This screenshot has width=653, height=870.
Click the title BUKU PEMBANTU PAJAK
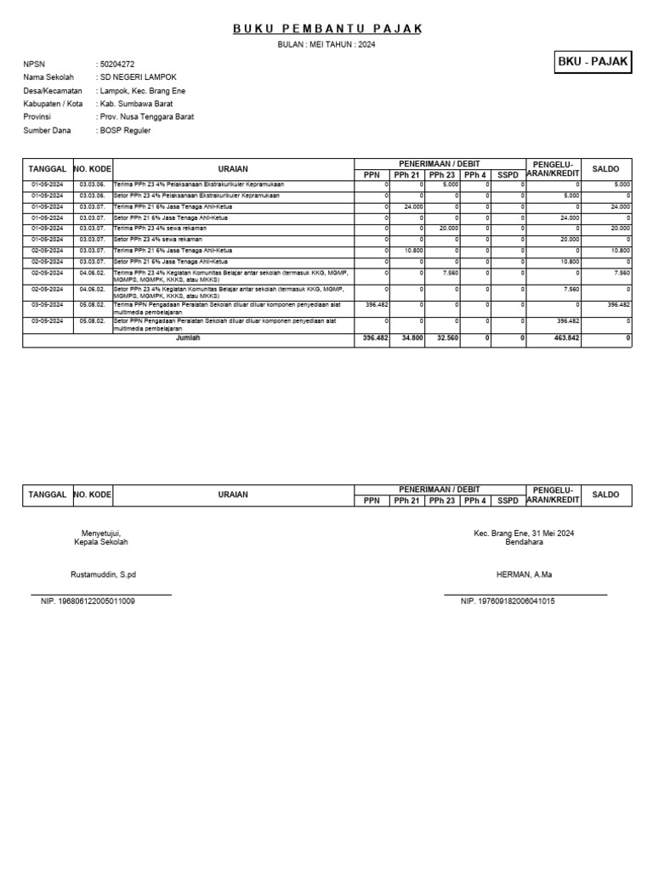[327, 30]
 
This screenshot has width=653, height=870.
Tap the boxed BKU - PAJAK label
[593, 62]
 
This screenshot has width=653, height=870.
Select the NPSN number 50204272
[117, 64]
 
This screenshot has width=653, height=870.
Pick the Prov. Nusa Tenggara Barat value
[146, 117]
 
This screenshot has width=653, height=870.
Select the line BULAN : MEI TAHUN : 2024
[327, 44]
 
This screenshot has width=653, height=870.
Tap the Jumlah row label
[189, 338]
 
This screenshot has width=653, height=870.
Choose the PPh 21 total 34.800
[409, 339]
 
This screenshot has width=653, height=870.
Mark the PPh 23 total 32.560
[445, 339]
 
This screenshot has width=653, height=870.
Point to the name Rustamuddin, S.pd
[103, 574]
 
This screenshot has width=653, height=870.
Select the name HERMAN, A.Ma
[525, 574]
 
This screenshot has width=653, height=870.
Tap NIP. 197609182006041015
[508, 602]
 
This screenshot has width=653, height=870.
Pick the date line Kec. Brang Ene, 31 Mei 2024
[525, 533]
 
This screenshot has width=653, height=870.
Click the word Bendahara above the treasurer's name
[525, 541]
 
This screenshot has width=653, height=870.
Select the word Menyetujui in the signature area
[103, 533]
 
